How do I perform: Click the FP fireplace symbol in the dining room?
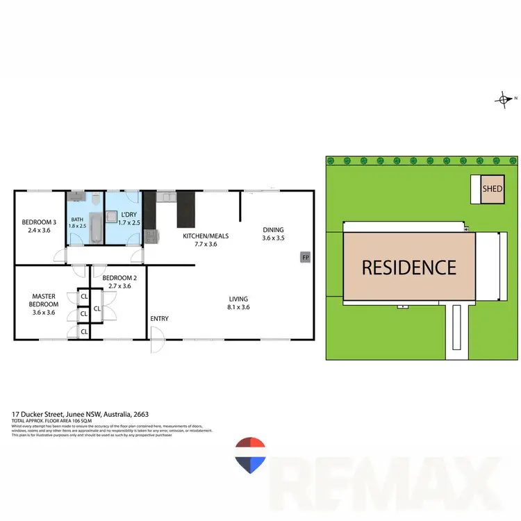pos(304,258)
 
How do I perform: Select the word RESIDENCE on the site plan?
pos(408,267)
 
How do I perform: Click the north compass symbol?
pos(504,100)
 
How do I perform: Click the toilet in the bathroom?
pos(93,201)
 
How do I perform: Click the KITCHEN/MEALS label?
pos(205,236)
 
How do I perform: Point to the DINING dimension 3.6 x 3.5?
pos(272,238)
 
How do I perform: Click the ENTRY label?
pos(159,319)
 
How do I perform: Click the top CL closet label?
pos(84,296)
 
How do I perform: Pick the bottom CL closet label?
pos(84,331)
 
